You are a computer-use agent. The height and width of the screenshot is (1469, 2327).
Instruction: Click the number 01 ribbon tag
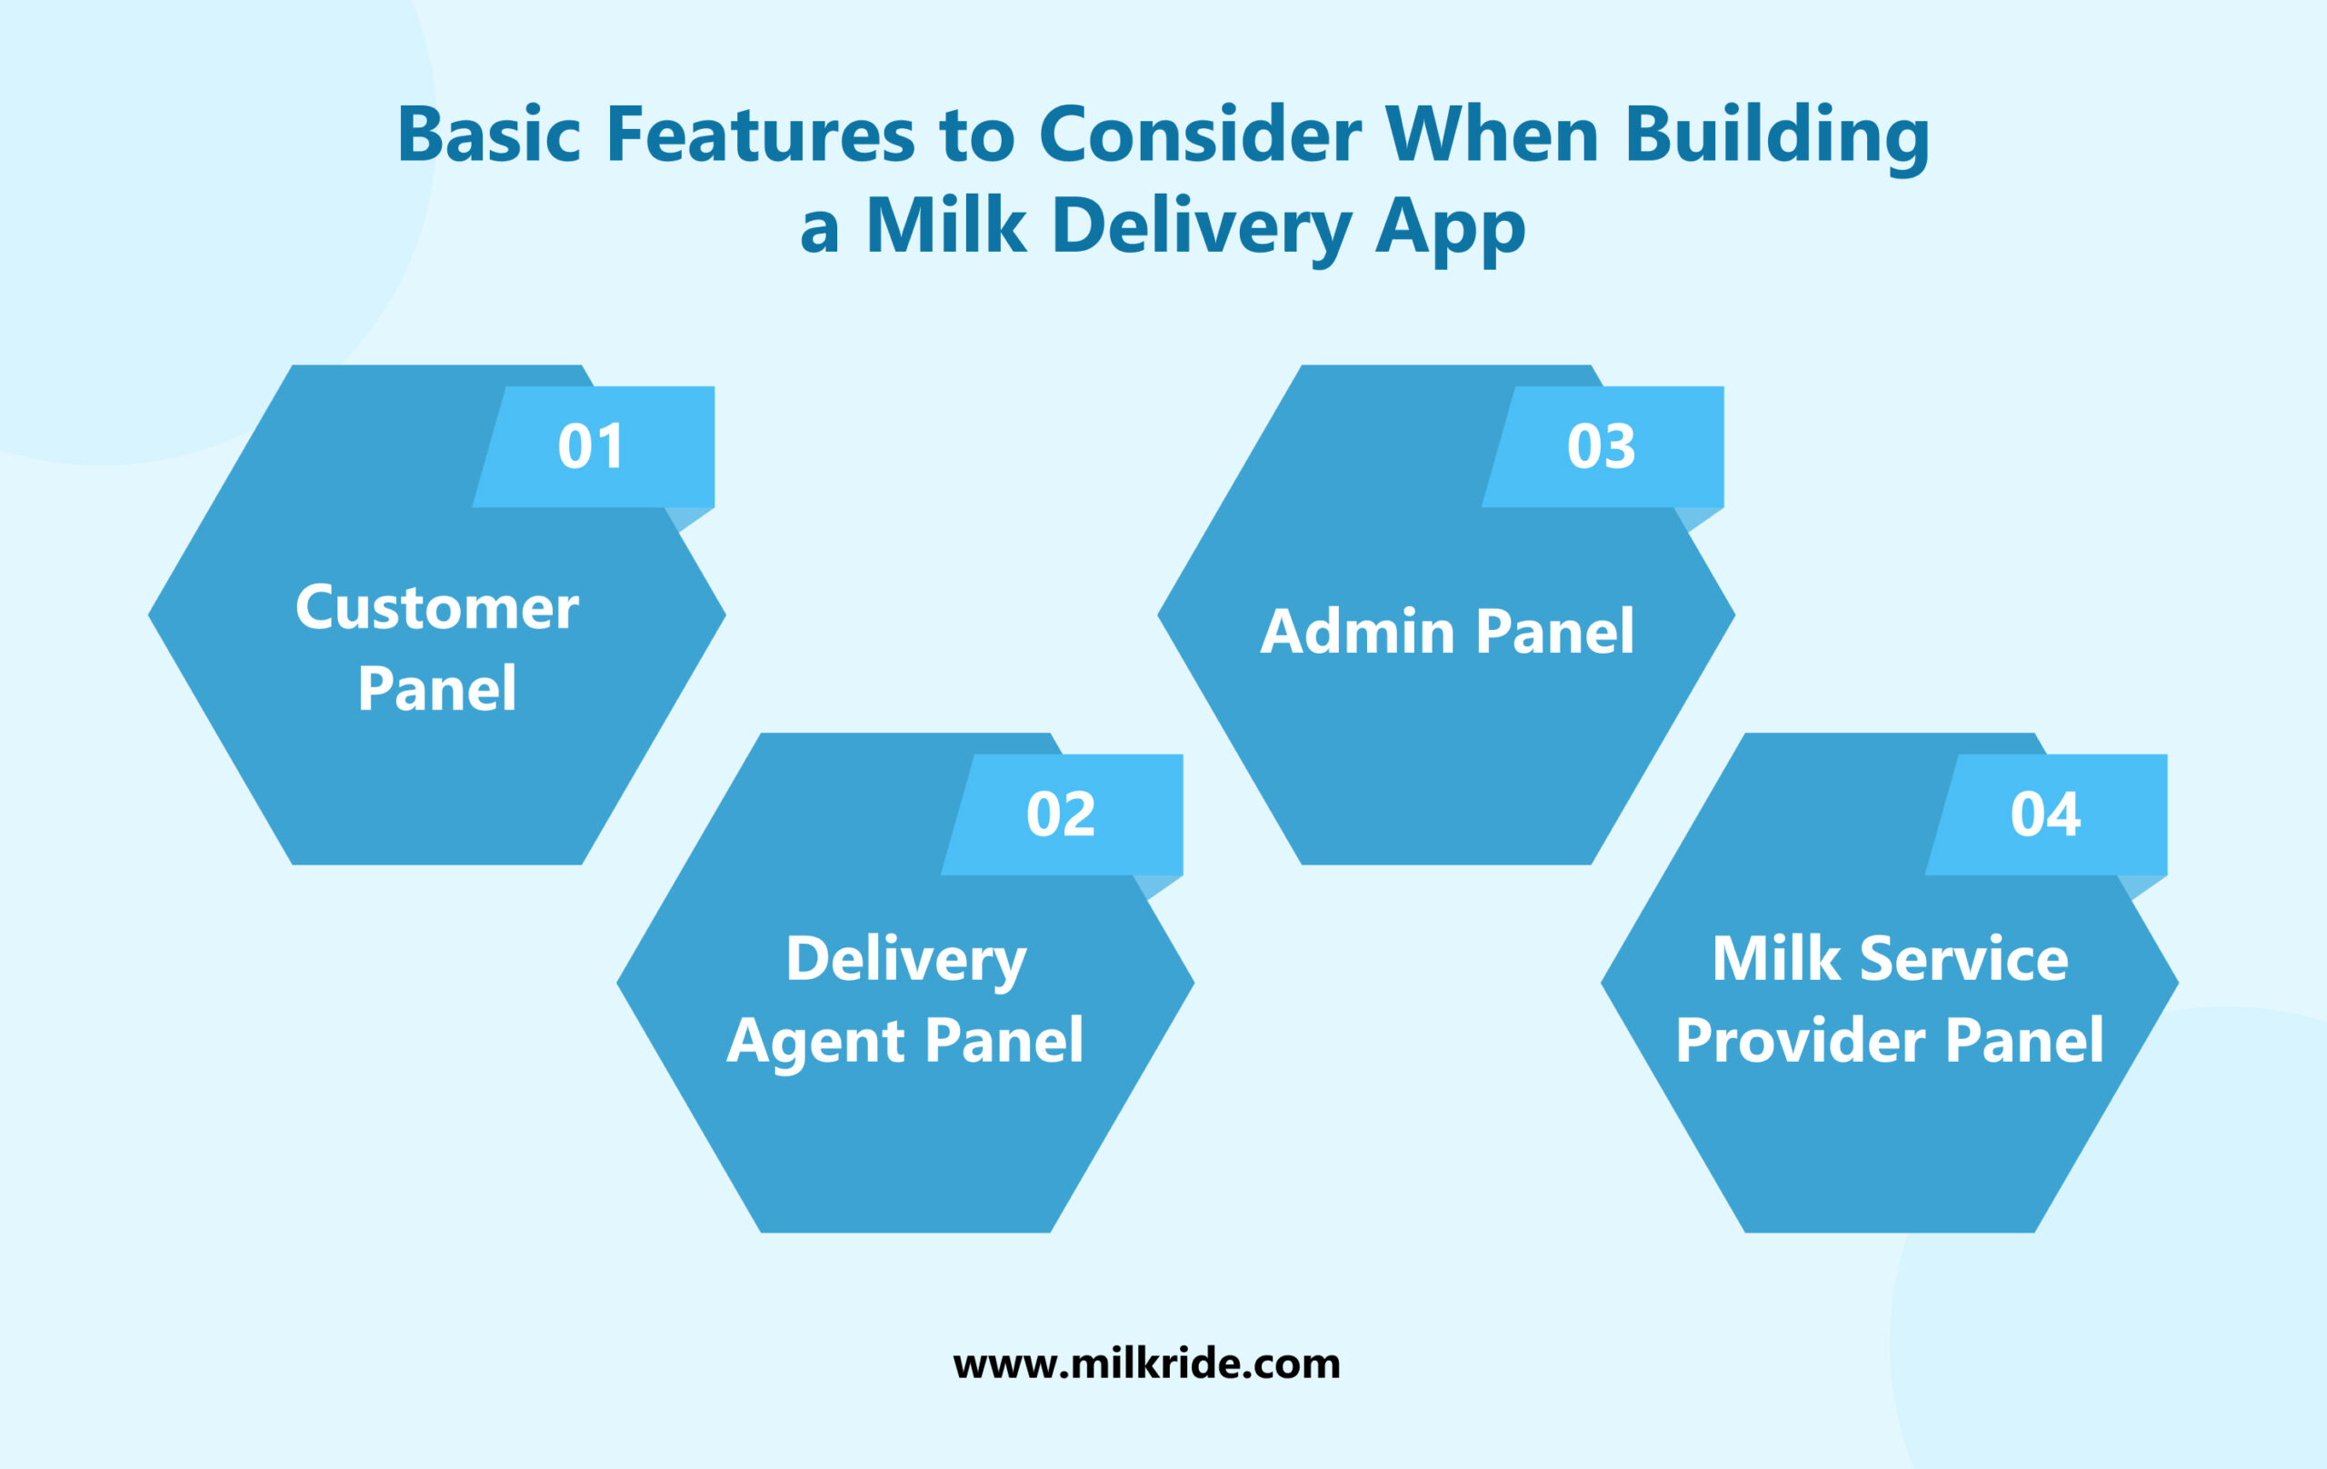(x=592, y=446)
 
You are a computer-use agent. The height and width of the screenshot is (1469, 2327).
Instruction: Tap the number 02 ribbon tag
(x=1060, y=814)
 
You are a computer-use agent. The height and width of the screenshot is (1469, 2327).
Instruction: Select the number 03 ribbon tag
(x=1602, y=446)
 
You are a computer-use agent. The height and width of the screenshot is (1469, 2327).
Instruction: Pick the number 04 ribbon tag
(x=2045, y=814)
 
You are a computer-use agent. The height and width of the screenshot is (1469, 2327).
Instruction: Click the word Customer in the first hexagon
(x=437, y=608)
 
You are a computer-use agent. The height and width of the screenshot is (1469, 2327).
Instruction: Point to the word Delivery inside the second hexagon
(x=905, y=960)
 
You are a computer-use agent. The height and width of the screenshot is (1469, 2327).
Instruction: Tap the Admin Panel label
(x=1446, y=632)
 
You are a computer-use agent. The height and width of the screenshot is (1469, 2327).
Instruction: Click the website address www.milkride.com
(x=1146, y=1364)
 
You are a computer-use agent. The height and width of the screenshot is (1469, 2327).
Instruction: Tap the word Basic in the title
(x=488, y=135)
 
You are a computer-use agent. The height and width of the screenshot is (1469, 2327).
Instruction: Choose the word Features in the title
(x=761, y=135)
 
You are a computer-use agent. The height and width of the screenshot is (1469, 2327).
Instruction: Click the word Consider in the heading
(x=1199, y=135)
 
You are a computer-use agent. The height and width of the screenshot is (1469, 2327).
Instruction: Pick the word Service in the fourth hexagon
(x=1963, y=960)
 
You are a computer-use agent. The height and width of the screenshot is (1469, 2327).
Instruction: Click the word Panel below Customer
(x=437, y=689)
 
